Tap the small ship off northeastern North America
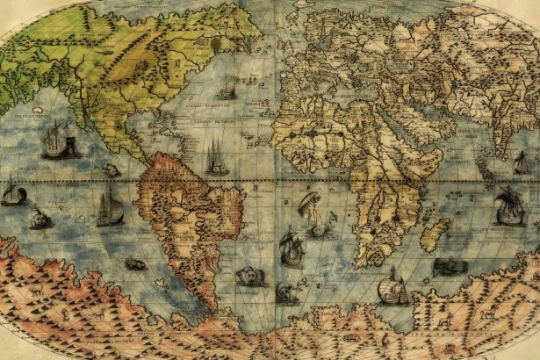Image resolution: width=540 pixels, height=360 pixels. tap(227, 88)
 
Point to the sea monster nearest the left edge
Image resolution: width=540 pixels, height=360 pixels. tap(40, 220)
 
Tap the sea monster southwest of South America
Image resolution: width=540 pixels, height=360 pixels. tap(135, 263)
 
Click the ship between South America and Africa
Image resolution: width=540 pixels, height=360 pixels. tap(292, 247)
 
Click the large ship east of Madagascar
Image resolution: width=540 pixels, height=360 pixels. tap(508, 207)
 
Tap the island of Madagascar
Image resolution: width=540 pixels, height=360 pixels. tap(434, 234)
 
